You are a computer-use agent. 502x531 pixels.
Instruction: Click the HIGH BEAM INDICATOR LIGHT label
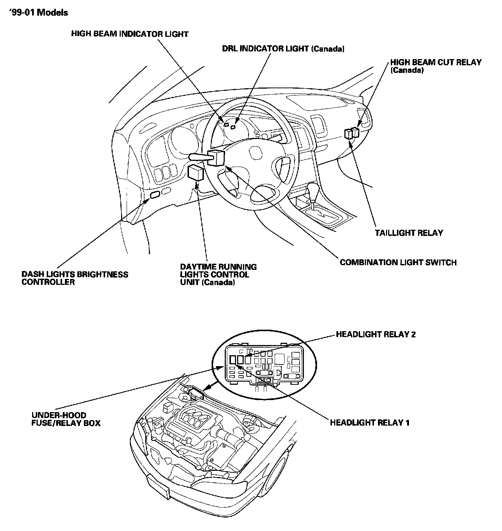click(x=130, y=34)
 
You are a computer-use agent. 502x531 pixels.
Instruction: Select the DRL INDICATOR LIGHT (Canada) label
click(x=283, y=49)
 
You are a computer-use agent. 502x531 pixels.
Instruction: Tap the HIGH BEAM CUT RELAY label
click(x=436, y=66)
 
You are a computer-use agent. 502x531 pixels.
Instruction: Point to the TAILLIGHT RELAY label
click(x=409, y=233)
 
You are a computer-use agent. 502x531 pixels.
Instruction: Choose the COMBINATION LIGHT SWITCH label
click(x=398, y=262)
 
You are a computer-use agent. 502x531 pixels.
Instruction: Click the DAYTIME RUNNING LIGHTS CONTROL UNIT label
click(x=218, y=274)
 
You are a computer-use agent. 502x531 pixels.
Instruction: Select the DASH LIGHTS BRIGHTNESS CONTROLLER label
click(x=75, y=278)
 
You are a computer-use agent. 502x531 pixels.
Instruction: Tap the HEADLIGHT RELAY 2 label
click(x=376, y=334)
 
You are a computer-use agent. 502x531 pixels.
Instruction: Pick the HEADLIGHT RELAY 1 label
click(x=370, y=422)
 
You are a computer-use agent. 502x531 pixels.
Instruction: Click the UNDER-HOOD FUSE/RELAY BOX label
click(x=66, y=419)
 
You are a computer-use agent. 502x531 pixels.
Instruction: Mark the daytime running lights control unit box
click(x=196, y=172)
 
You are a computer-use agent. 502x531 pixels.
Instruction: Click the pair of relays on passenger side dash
click(x=351, y=133)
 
